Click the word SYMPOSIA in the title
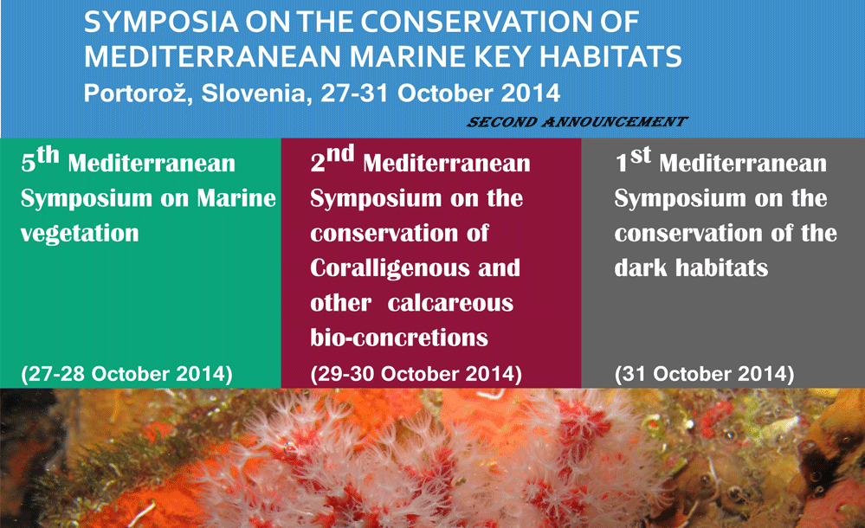[x=161, y=22]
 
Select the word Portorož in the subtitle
[x=138, y=93]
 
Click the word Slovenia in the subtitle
[x=253, y=93]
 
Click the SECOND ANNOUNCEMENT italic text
[x=577, y=122]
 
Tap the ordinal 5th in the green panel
[x=40, y=160]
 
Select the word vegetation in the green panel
[x=80, y=234]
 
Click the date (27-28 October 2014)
[x=126, y=374]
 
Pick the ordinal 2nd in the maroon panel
[x=332, y=159]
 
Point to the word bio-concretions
[x=399, y=337]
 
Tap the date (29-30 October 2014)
[x=416, y=374]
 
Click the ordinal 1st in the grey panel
[x=633, y=160]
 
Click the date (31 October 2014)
[x=705, y=374]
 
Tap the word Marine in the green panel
[x=236, y=198]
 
